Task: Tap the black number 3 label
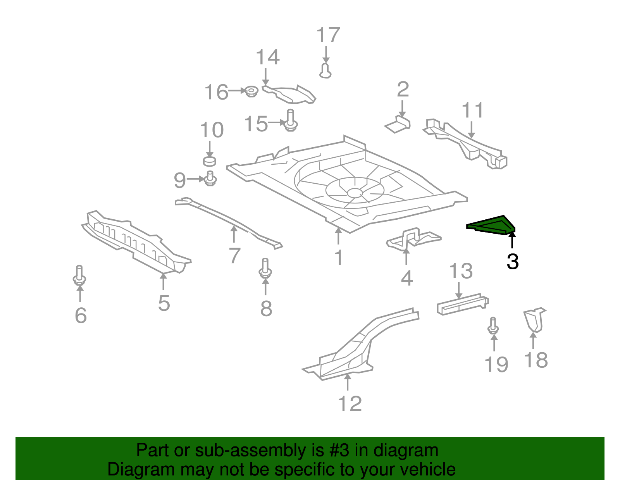coord(512,262)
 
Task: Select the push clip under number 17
coord(325,71)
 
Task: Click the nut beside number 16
coord(251,92)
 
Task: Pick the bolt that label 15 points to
coord(290,121)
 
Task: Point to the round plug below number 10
coord(210,161)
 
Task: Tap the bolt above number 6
coord(79,276)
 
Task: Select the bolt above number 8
coord(265,268)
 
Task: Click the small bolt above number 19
coord(493,326)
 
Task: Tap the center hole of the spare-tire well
coord(353,193)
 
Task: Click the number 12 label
coord(350,404)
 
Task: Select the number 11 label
coord(473,110)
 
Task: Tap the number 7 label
coord(234,256)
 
